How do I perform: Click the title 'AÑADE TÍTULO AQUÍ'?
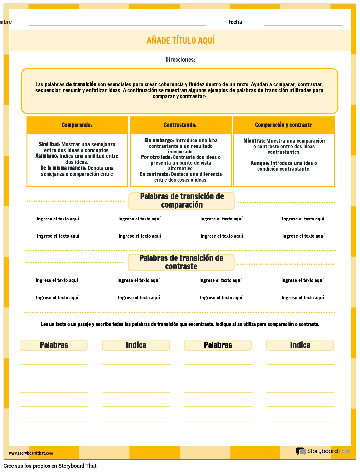[180, 41]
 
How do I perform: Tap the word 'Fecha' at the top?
[235, 22]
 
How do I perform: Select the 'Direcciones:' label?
[180, 60]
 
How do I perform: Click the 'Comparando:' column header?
[77, 125]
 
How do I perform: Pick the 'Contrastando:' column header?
[180, 125]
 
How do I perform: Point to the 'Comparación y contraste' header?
[283, 125]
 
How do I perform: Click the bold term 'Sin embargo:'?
[159, 141]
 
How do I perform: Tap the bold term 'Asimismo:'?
[47, 156]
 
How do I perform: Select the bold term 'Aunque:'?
[260, 163]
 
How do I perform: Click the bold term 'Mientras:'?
[254, 141]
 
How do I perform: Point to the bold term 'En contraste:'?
[154, 174]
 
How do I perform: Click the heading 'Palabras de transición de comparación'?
[182, 201]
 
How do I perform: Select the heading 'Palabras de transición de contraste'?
[181, 262]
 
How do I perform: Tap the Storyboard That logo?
[323, 451]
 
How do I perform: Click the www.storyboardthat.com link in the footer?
[31, 453]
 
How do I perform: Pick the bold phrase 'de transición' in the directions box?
[81, 84]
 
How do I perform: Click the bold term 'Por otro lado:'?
[156, 157]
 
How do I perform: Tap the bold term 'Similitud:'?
[49, 144]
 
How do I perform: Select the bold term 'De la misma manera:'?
[63, 168]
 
